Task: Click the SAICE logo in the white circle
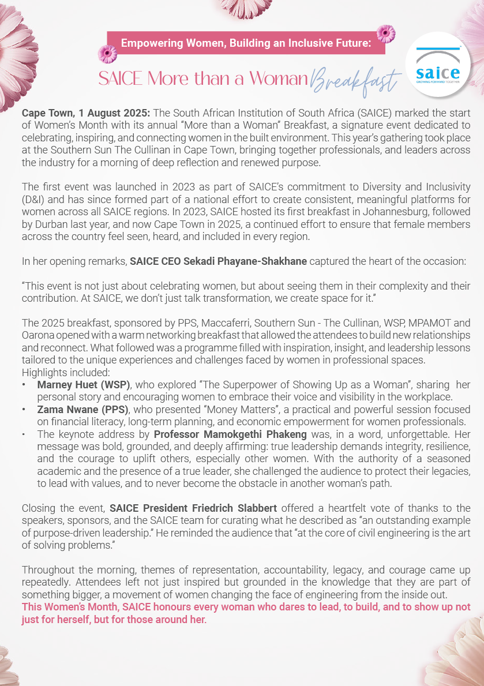pyautogui.click(x=438, y=65)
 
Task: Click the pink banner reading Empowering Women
pyautogui.click(x=246, y=43)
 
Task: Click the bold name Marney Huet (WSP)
pyautogui.click(x=84, y=385)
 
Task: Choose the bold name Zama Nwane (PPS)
pyautogui.click(x=84, y=409)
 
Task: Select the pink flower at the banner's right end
pyautogui.click(x=386, y=33)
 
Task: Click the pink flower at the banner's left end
pyautogui.click(x=107, y=54)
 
